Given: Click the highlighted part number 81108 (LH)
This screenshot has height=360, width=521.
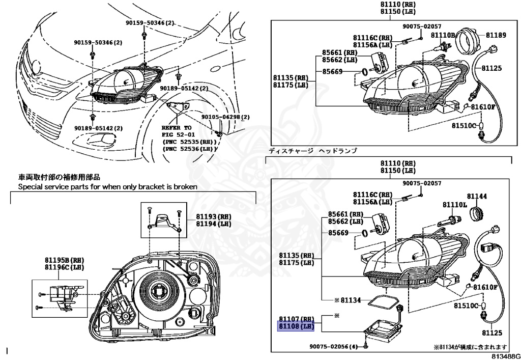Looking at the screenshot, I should pos(296,326).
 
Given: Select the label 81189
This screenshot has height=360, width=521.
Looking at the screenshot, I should pos(496,35).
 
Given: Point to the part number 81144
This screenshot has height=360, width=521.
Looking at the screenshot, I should pos(477,196).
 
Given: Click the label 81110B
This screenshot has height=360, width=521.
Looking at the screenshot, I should pos(443,35).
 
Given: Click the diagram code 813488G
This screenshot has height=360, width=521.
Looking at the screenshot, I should pos(506,356).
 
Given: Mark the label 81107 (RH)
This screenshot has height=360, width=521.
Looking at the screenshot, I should pos(296,319).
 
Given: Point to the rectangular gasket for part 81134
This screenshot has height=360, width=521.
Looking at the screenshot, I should pos(384,301).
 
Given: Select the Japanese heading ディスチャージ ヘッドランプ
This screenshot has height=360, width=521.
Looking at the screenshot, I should pos(313,151).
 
